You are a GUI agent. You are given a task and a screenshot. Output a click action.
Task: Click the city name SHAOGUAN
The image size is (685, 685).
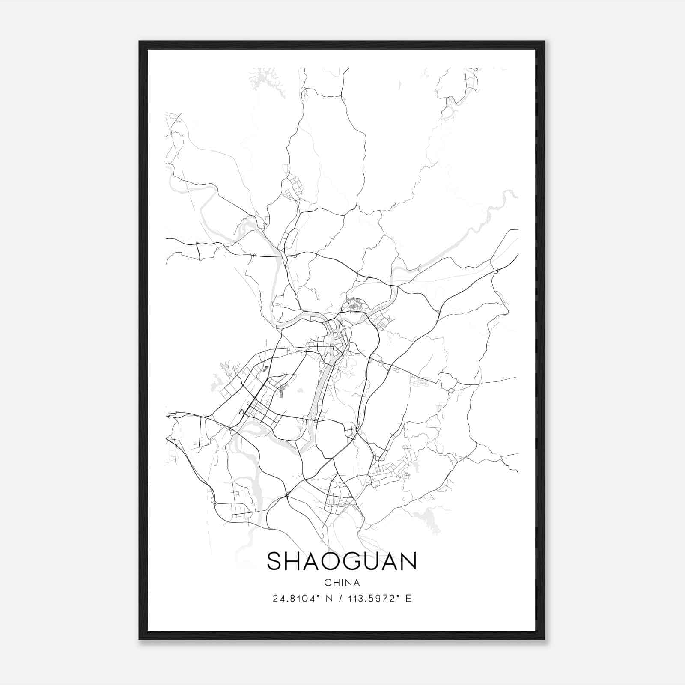342,561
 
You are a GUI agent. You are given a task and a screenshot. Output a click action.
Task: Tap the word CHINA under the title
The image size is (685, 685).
342,583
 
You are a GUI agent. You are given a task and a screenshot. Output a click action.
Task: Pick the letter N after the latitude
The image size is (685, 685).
330,599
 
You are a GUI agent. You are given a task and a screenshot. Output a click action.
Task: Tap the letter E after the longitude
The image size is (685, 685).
408,599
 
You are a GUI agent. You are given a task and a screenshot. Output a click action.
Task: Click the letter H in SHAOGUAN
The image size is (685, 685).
293,561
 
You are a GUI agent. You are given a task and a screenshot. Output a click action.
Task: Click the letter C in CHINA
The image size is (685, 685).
327,583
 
